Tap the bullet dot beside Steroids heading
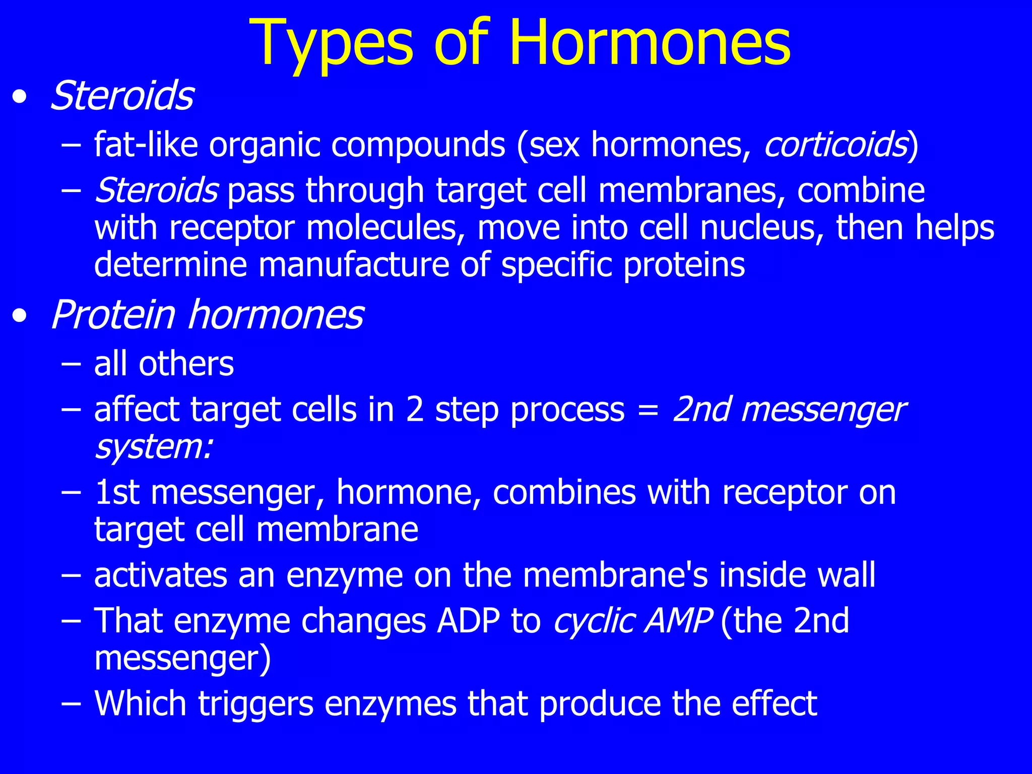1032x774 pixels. click(x=20, y=96)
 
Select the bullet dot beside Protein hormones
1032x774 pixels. click(x=20, y=315)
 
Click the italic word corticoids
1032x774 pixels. click(x=835, y=145)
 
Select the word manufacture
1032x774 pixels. click(x=353, y=265)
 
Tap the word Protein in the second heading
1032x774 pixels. click(x=113, y=315)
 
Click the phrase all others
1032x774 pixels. click(x=164, y=364)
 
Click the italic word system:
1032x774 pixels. click(x=154, y=447)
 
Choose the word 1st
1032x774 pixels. click(x=116, y=492)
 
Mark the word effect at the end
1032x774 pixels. click(x=774, y=703)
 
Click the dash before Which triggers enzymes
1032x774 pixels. click(x=71, y=703)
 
